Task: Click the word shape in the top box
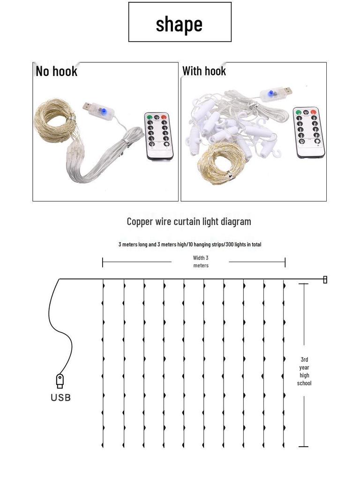coord(179,24)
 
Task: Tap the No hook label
coord(56,71)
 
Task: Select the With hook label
coord(204,71)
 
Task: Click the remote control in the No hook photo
coord(158,136)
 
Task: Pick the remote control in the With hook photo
coord(309,133)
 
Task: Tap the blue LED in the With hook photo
coord(270,93)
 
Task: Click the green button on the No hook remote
coord(150,117)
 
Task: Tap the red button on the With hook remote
coord(313,112)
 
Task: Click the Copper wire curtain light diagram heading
coord(189,221)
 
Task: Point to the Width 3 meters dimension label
coord(201,262)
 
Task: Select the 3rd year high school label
coord(304,371)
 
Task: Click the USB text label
coord(60,397)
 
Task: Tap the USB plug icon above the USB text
coord(60,381)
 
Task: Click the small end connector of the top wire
coord(325,279)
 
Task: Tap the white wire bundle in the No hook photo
coord(101,159)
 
